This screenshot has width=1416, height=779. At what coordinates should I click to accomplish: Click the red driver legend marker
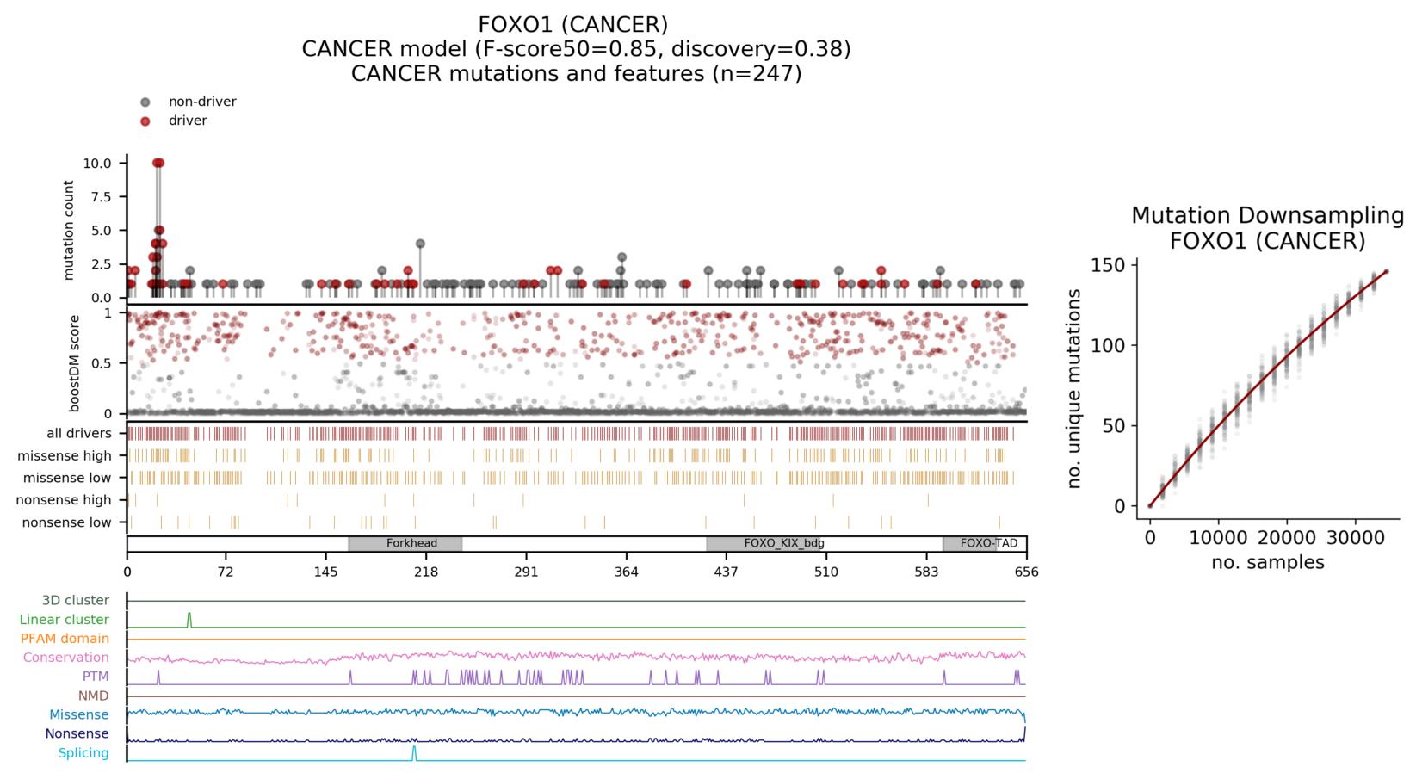coord(145,121)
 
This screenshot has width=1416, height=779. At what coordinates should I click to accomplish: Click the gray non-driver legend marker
coord(145,102)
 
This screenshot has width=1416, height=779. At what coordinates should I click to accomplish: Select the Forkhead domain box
coord(405,544)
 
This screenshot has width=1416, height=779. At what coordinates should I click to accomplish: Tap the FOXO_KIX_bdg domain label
coord(783,544)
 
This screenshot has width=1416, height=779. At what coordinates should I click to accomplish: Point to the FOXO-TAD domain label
coord(988,544)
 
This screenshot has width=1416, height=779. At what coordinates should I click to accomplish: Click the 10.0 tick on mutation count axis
coord(97,164)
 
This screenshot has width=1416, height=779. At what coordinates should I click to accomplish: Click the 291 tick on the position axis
coord(526,572)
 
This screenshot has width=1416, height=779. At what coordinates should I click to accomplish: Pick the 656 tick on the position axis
coord(1026,572)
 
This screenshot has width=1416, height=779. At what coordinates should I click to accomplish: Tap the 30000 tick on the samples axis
coord(1355,539)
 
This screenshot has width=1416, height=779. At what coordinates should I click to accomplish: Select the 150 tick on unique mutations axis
coord(1109,265)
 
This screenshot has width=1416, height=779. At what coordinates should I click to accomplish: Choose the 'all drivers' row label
coord(79,434)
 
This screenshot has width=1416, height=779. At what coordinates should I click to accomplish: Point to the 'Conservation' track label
coord(66,658)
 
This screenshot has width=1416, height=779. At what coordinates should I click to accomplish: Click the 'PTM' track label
coord(96,677)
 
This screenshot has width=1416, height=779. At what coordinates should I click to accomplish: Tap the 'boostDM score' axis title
coord(75,364)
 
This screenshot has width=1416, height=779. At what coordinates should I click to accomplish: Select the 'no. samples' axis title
coord(1267,563)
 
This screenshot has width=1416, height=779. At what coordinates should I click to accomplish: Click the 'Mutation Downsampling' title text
coord(1267,215)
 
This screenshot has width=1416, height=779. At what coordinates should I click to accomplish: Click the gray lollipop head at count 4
coord(420,244)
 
